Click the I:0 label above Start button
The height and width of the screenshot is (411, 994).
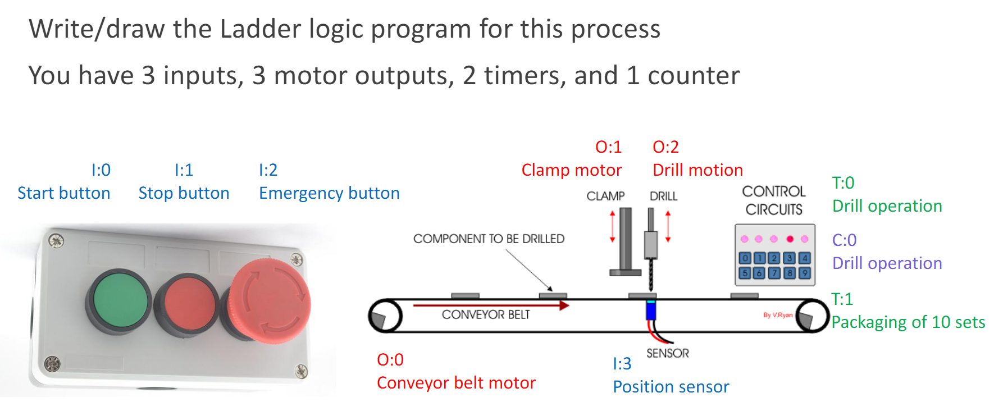(101, 170)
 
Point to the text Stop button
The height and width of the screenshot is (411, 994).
(184, 193)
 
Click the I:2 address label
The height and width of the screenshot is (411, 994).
(268, 170)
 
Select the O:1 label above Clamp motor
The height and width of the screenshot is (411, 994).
(609, 147)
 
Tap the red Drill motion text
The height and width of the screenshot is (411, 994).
(697, 170)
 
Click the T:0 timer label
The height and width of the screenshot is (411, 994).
(843, 183)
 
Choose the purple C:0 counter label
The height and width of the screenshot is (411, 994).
(844, 240)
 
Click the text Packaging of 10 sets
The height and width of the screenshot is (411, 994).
(908, 322)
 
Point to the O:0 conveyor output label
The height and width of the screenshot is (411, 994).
(390, 360)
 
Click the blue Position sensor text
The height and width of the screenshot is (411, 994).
(671, 387)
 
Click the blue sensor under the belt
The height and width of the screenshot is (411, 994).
(651, 310)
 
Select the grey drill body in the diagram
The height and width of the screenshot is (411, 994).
(651, 244)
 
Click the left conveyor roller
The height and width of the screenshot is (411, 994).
(385, 316)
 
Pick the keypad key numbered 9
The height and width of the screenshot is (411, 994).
(804, 273)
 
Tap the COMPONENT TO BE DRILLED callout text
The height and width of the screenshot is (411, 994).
(489, 239)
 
